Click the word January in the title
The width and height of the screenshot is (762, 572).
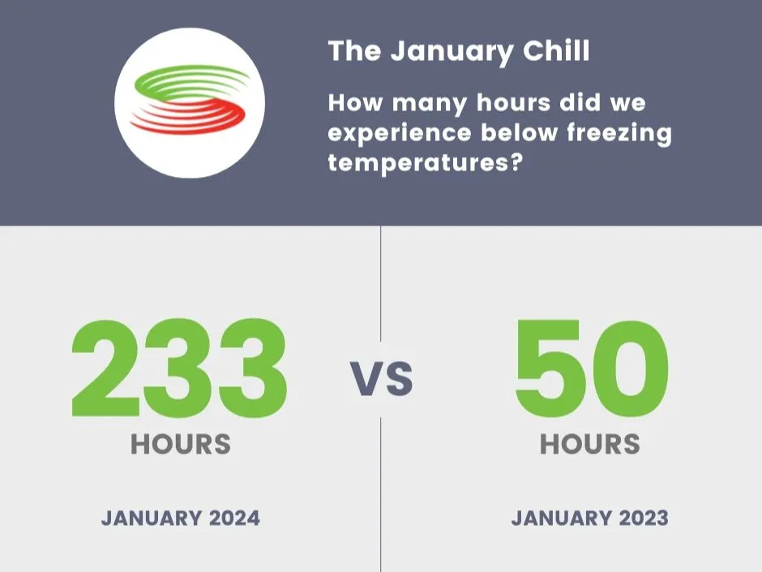pos(452,52)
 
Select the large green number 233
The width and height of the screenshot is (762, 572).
pos(179,369)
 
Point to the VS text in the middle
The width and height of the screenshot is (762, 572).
pos(381,379)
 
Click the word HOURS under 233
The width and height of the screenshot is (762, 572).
pos(181,444)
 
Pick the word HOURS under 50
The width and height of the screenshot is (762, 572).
pos(590,444)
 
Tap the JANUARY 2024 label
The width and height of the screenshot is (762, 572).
pos(181,518)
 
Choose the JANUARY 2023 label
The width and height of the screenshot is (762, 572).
pos(590,518)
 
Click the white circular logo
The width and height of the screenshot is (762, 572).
pos(190,102)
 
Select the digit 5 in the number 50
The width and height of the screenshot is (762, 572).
pos(551,369)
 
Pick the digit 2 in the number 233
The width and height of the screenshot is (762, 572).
pos(105,369)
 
